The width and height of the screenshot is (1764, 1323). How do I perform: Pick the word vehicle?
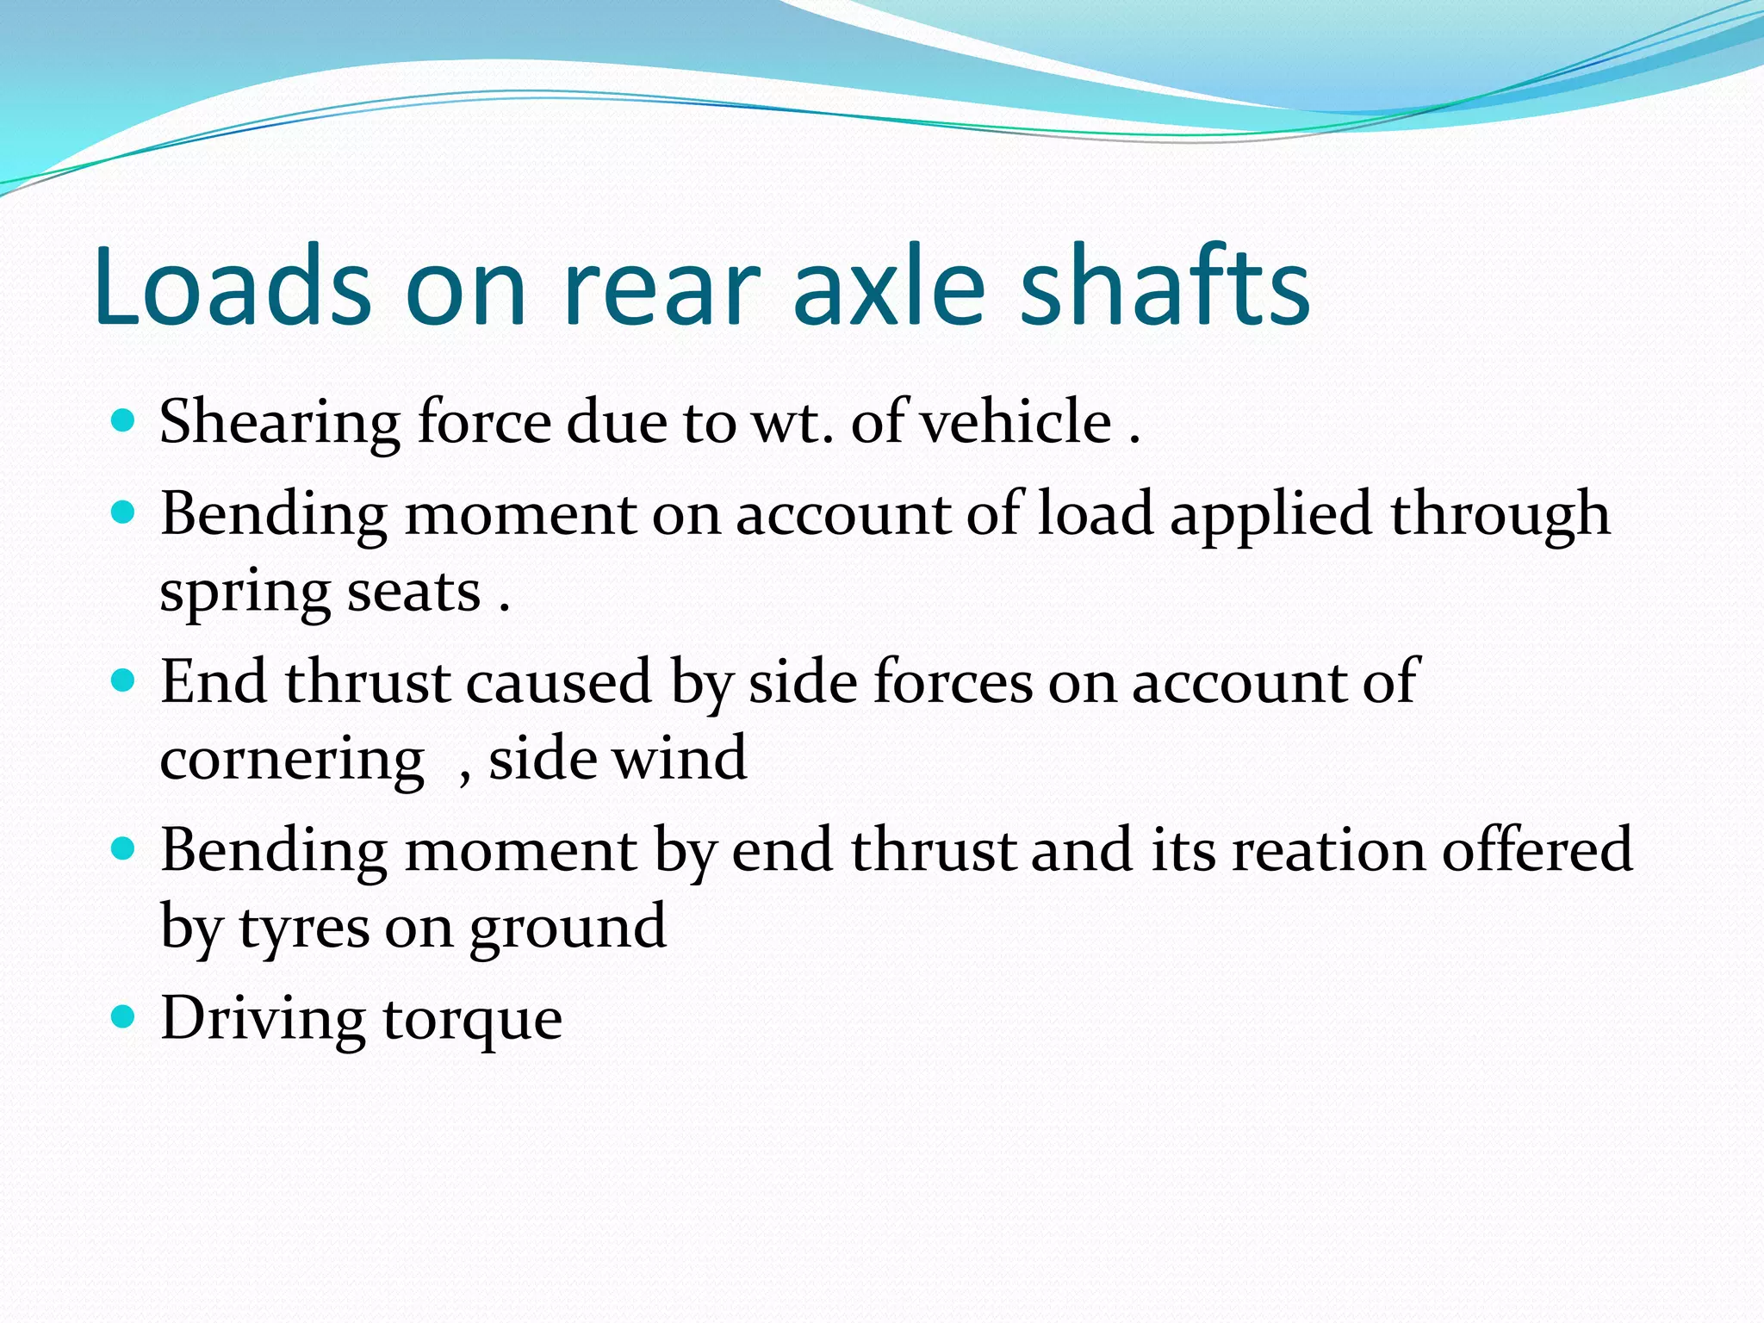coord(1016,422)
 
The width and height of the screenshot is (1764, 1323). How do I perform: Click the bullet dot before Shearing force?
coord(124,420)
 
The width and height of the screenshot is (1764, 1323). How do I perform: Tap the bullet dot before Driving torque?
coord(124,1017)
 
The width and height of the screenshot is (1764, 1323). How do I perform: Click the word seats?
coord(413,593)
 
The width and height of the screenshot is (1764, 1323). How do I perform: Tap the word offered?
coord(1537,849)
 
